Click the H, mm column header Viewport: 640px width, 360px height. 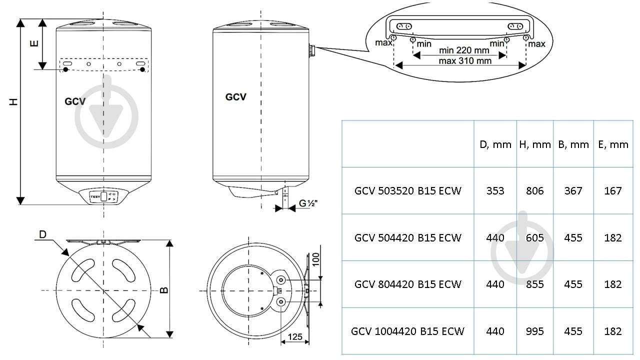coord(534,144)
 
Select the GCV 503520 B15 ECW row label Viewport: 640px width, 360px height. coord(407,190)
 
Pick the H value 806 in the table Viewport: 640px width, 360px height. coord(534,190)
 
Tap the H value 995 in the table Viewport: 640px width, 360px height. coord(534,331)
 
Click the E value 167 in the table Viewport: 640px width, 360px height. coord(612,190)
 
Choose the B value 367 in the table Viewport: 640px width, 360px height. coord(573,190)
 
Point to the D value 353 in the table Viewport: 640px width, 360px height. coord(495,190)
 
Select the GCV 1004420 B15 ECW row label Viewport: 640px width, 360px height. coord(407,331)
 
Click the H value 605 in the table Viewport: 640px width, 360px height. coord(534,237)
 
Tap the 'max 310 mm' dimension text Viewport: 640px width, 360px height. coord(464,60)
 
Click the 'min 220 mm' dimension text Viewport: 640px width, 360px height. coord(463,50)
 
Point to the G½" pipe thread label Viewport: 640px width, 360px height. coord(308,203)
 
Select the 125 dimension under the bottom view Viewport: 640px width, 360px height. coord(295,336)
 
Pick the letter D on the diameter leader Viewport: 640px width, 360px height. coord(43,234)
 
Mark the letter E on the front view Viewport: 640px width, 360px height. coord(33,43)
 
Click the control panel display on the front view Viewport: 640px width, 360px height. coord(103,196)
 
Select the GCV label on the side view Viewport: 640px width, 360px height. coord(235,97)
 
